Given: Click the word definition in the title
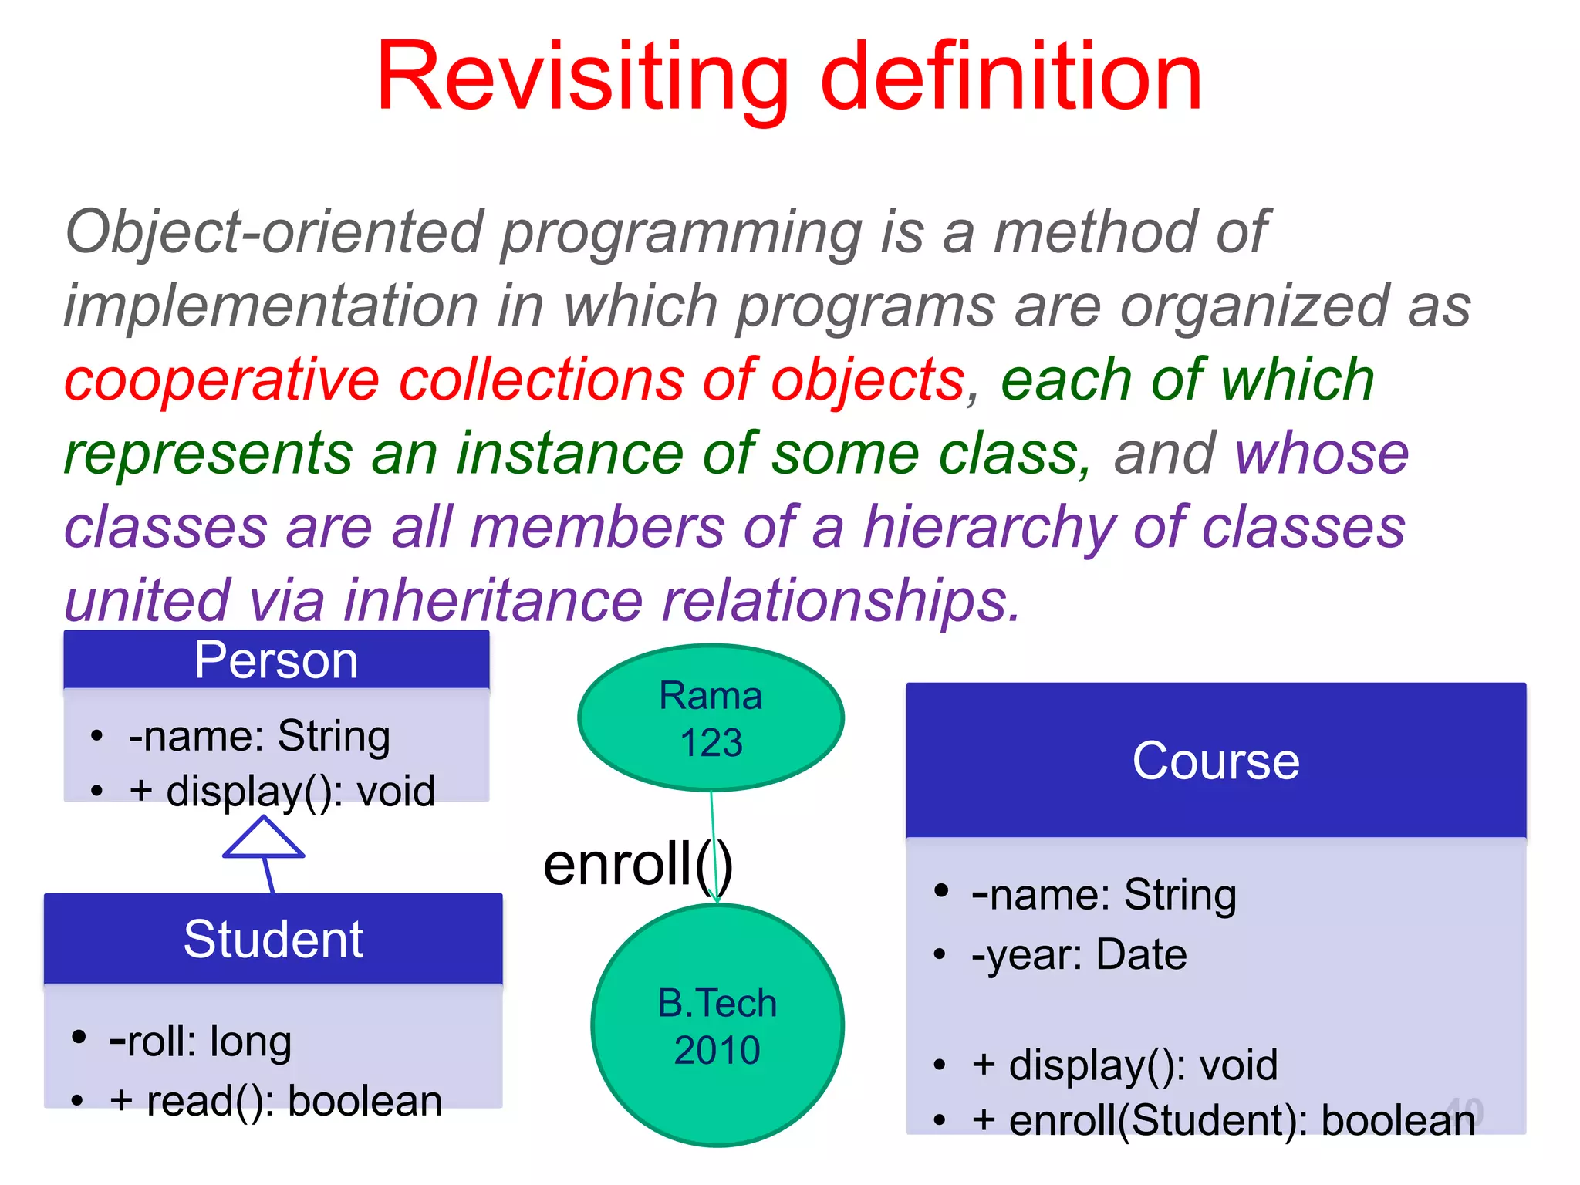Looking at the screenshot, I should click(1011, 77).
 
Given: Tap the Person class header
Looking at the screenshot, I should click(276, 660).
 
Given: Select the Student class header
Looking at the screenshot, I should click(273, 939).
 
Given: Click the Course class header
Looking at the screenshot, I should click(1216, 761).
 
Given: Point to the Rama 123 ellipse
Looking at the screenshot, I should click(711, 718).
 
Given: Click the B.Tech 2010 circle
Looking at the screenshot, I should click(717, 1026).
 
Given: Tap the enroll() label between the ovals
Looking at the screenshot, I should click(637, 864).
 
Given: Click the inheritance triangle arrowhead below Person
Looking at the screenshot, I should click(264, 839).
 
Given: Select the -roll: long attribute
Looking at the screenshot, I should click(201, 1041).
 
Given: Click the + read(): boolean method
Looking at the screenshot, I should click(275, 1100).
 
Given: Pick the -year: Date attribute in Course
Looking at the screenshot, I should click(1079, 954).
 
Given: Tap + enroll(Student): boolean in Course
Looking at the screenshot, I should click(1223, 1120).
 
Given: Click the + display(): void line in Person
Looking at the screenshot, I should click(282, 791).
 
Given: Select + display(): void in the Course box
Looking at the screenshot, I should click(1124, 1065).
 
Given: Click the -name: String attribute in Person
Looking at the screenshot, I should click(259, 735).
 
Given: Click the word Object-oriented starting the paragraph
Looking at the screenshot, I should click(275, 231).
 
